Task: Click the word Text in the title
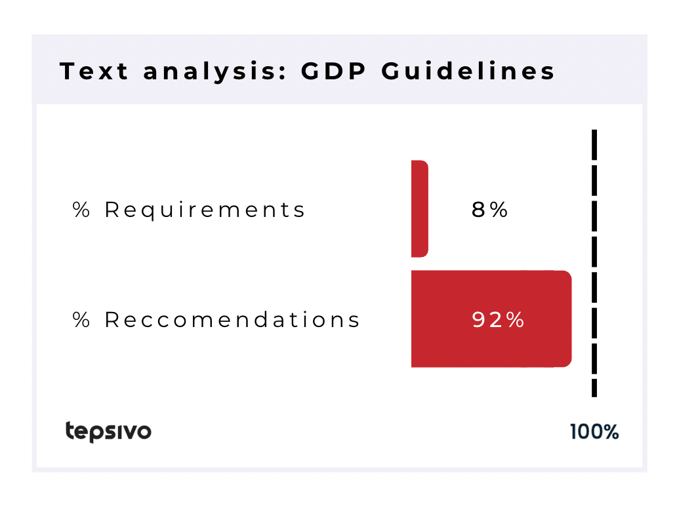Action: point(94,71)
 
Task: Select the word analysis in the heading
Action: point(210,72)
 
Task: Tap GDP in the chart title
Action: point(333,71)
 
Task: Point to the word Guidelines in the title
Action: point(468,71)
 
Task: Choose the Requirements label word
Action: point(205,210)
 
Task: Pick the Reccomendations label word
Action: point(232,320)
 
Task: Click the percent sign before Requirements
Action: point(81,210)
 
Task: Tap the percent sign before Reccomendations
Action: point(81,320)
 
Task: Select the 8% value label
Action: point(489,210)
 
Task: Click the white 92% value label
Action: point(499,320)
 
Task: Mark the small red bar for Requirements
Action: point(420,209)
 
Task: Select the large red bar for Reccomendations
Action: point(491,319)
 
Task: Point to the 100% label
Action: point(594,432)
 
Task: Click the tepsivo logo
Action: point(108,431)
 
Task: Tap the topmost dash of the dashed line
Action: point(594,144)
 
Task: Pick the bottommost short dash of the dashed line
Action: point(594,388)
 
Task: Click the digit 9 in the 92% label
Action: point(479,320)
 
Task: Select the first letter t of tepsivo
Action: point(70,430)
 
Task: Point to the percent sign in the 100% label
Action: point(611,432)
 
